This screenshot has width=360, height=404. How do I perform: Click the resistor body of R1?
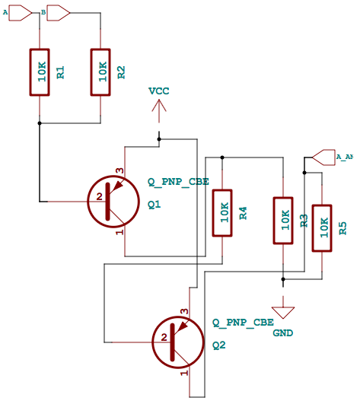40,73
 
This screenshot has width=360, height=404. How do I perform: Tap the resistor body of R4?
222,213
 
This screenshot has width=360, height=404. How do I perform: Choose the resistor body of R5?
322,227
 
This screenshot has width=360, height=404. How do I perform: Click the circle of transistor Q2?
178,339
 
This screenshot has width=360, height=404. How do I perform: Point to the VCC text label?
159,91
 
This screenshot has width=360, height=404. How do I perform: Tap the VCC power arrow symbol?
159,113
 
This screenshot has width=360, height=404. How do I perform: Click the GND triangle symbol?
283,310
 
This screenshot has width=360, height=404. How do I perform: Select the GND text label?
282,333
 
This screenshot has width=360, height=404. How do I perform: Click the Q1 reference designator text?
155,205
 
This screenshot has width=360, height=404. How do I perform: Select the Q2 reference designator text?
219,345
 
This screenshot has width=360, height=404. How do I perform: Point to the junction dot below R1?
40,122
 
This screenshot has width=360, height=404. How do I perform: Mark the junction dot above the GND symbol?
283,278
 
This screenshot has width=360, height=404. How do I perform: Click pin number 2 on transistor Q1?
99,198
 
